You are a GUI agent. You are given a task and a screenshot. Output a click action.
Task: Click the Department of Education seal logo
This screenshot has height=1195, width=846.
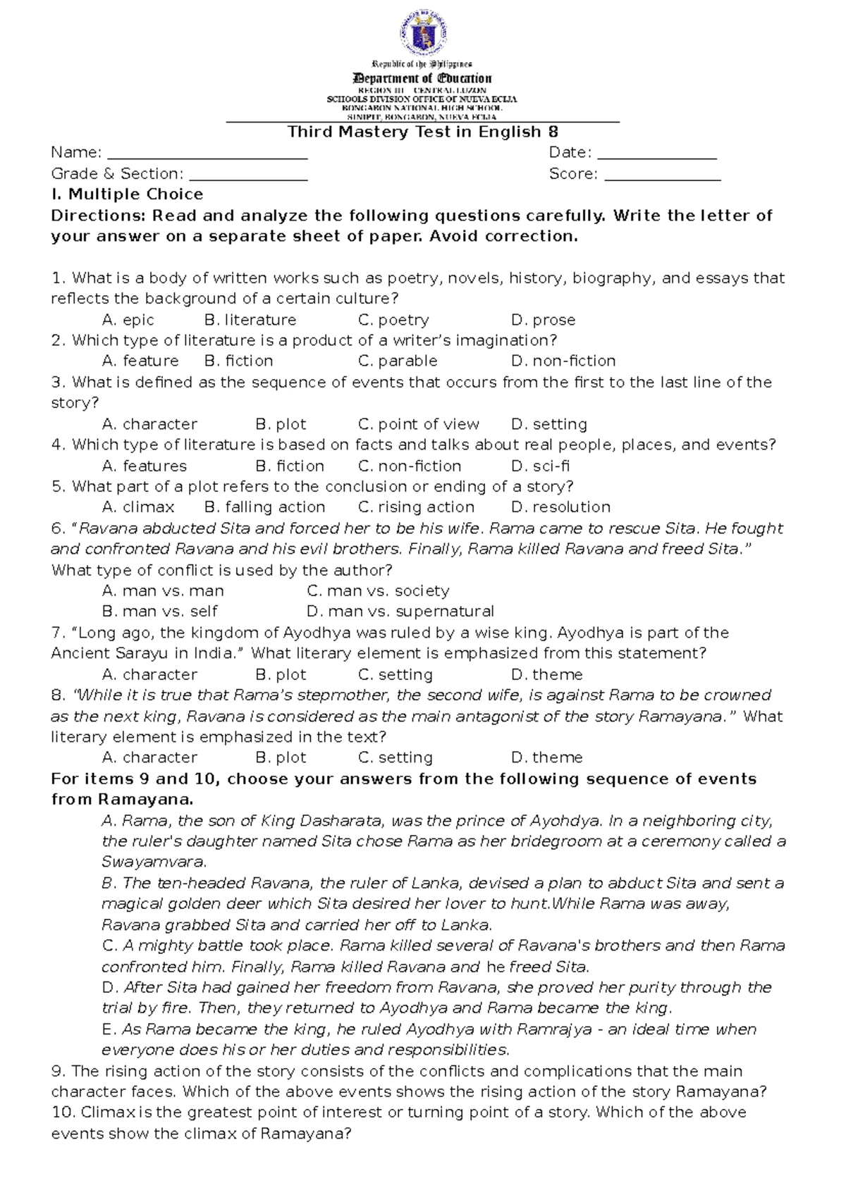pyautogui.click(x=422, y=35)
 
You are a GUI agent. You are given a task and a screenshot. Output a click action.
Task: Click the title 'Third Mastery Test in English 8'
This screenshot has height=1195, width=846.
pyautogui.click(x=422, y=132)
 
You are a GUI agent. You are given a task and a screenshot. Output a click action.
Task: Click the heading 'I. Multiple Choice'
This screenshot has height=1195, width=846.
pyautogui.click(x=127, y=194)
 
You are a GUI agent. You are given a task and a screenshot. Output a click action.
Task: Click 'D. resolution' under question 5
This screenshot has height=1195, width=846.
pyautogui.click(x=560, y=507)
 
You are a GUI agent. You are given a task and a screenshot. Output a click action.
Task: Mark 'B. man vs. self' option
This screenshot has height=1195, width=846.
pyautogui.click(x=159, y=612)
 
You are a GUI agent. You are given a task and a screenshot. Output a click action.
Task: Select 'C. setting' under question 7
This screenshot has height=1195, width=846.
pyautogui.click(x=395, y=674)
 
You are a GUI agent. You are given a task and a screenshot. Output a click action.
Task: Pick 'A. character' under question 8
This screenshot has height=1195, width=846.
pyautogui.click(x=149, y=757)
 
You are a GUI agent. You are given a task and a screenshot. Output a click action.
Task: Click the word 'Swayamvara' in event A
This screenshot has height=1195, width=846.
pyautogui.click(x=152, y=862)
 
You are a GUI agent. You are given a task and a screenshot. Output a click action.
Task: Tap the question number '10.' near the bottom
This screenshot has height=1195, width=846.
pyautogui.click(x=63, y=1113)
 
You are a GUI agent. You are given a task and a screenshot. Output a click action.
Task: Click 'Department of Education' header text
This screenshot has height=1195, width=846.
pyautogui.click(x=422, y=78)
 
